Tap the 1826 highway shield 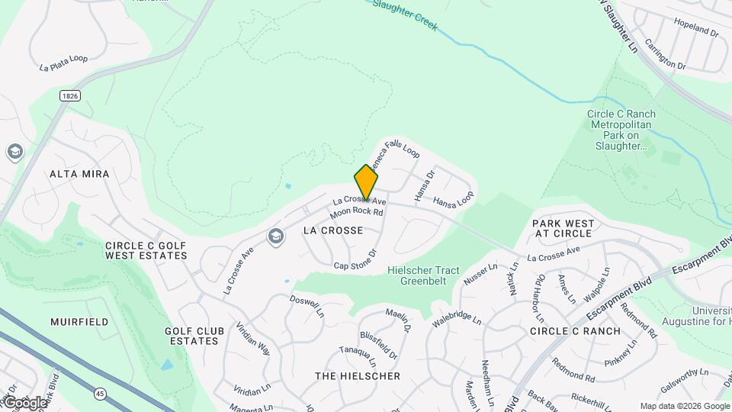(x=70, y=95)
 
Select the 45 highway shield (x=101, y=393)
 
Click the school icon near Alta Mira (x=14, y=152)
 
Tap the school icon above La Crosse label (x=274, y=237)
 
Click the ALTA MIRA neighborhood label (x=79, y=174)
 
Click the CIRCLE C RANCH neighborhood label (x=576, y=331)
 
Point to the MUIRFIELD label (x=79, y=322)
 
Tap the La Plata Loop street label (x=63, y=63)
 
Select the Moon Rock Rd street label (x=356, y=211)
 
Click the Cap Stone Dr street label (x=355, y=259)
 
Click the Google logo (x=24, y=402)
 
